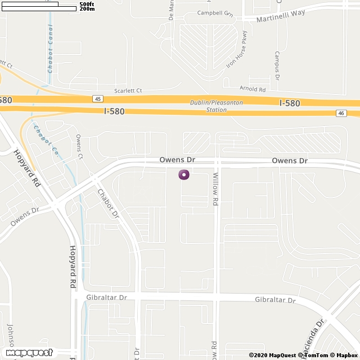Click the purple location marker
click(x=184, y=174)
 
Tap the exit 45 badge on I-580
click(x=98, y=98)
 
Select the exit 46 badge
click(x=341, y=113)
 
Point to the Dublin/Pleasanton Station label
click(x=208, y=106)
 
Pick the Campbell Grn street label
click(x=215, y=12)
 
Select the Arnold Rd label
click(x=252, y=89)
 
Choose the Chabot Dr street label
click(x=109, y=202)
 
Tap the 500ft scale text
click(x=87, y=4)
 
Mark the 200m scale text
click(x=87, y=9)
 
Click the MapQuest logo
click(x=26, y=353)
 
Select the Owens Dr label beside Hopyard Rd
click(x=24, y=216)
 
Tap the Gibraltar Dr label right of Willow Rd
click(x=274, y=300)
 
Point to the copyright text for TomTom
click(x=317, y=355)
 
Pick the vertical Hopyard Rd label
click(x=73, y=267)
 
